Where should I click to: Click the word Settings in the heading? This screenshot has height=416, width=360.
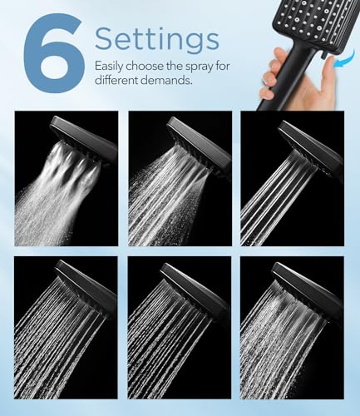click(x=156, y=38)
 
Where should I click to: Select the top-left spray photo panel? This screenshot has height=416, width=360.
click(x=67, y=179)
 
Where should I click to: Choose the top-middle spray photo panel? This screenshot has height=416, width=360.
click(x=180, y=179)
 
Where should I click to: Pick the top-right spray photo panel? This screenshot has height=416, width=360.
click(x=293, y=179)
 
